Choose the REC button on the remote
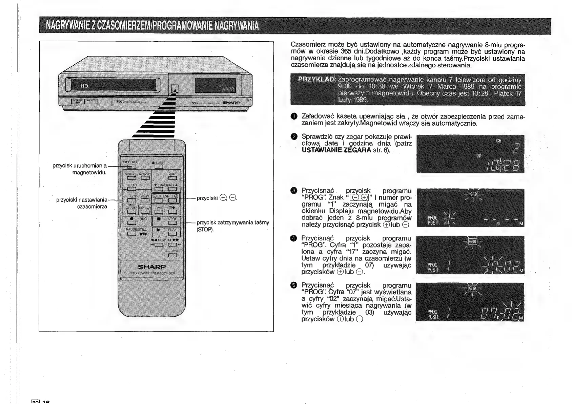(x=131, y=222)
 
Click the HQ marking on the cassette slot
(x=84, y=86)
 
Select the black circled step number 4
(x=294, y=238)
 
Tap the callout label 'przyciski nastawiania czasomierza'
(x=82, y=203)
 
